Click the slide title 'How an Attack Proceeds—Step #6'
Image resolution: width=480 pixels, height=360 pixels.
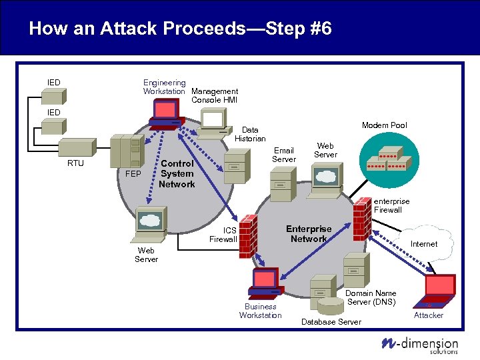180,29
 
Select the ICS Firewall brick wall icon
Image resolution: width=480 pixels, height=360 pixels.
248,231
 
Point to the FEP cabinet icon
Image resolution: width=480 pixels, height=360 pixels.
127,152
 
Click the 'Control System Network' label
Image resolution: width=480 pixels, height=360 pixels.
177,173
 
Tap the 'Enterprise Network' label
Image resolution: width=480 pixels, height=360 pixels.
309,234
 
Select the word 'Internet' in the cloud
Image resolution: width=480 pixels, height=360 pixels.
423,244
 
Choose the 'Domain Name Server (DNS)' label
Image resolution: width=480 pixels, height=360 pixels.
371,297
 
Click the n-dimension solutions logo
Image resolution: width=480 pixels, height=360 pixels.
419,343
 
